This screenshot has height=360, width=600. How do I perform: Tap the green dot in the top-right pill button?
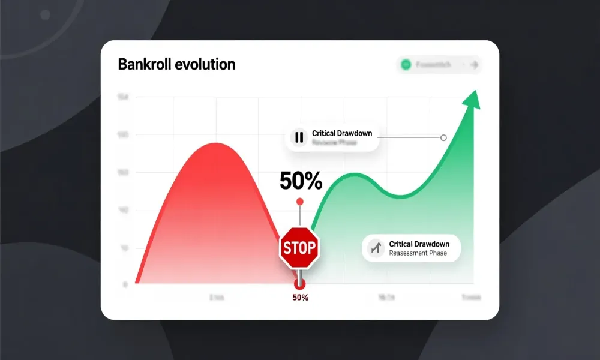[x=406, y=65]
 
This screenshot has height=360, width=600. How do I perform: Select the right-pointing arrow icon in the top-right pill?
[x=474, y=65]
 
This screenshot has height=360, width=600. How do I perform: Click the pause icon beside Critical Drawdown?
[x=298, y=137]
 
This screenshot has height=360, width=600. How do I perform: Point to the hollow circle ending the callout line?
[x=443, y=137]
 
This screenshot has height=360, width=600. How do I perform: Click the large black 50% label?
[x=301, y=180]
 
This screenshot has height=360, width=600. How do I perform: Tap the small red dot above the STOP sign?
[x=300, y=202]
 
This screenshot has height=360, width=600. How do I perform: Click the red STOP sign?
[x=299, y=247]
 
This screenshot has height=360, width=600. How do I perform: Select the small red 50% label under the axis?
[x=300, y=298]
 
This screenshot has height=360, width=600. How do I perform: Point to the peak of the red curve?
[x=215, y=144]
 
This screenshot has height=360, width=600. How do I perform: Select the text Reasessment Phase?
[x=418, y=253]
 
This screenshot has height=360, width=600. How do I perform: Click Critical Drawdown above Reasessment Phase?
[x=418, y=244]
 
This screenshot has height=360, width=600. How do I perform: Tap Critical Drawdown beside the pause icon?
[x=341, y=133]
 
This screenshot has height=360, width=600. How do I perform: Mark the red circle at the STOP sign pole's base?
[x=299, y=284]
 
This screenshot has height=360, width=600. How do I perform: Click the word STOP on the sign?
[x=299, y=247]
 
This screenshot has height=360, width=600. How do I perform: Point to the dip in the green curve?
[x=401, y=196]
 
